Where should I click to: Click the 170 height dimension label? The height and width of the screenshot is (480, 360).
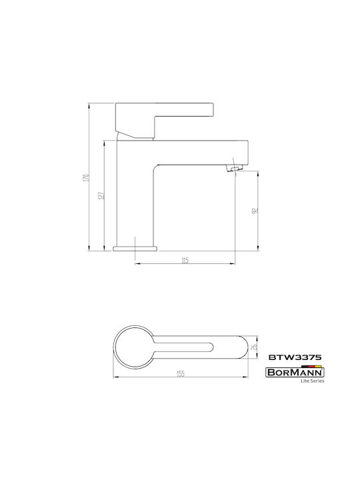pos(87,178)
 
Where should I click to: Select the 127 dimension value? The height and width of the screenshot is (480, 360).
pos(103,196)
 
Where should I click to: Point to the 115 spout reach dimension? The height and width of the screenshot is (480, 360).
pos(185,261)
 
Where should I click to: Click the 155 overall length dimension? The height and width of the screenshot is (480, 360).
pos(181,374)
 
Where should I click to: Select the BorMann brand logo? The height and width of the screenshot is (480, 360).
pos(295,373)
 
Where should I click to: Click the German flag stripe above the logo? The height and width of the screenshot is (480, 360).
pos(311,366)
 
